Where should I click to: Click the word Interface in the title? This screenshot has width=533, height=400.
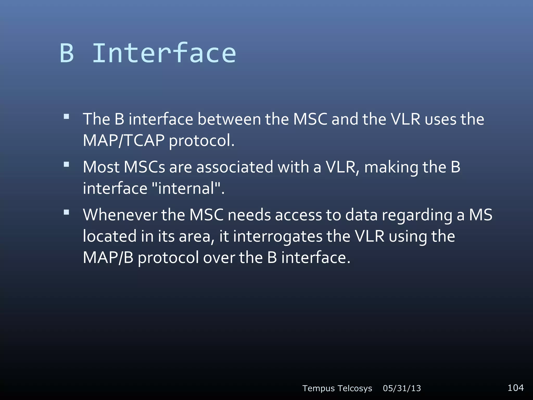(x=164, y=53)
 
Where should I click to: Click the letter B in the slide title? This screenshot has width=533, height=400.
(x=67, y=53)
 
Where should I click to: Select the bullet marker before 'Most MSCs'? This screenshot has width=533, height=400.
(x=66, y=164)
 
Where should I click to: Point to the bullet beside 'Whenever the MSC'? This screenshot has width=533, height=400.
(x=66, y=212)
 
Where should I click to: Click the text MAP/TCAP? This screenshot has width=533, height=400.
(x=124, y=141)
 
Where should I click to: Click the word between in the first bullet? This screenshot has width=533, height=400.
(x=229, y=119)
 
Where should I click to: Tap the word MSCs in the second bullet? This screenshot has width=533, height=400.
(x=144, y=167)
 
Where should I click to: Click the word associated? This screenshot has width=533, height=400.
(x=234, y=167)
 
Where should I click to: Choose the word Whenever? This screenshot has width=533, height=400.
(x=120, y=215)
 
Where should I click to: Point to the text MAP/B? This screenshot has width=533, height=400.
(x=108, y=258)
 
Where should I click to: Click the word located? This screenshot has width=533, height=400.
(x=110, y=236)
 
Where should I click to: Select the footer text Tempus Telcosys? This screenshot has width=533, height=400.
(x=337, y=388)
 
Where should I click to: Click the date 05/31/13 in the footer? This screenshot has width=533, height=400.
(x=402, y=388)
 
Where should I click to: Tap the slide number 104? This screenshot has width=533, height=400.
(x=516, y=388)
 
